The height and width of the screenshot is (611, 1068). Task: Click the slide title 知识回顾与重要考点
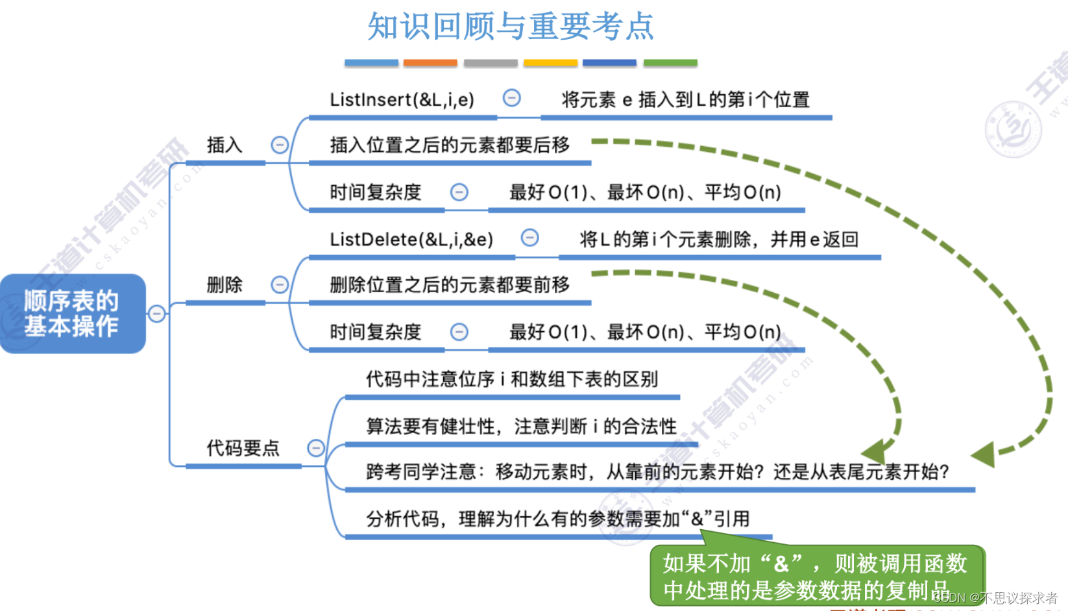click(x=511, y=27)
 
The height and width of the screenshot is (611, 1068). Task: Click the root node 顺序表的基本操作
click(x=72, y=314)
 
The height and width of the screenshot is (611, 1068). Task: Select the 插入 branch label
click(x=225, y=145)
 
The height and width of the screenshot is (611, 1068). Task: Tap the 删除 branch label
click(x=225, y=284)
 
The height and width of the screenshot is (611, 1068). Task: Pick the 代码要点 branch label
click(x=243, y=448)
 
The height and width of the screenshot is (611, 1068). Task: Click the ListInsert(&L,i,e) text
click(x=402, y=99)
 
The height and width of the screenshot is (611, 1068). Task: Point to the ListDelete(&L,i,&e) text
click(x=411, y=240)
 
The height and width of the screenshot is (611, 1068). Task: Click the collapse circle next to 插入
click(x=280, y=145)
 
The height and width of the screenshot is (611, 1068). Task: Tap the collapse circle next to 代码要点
click(x=316, y=448)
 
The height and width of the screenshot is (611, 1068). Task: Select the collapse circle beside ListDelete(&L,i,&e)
click(x=530, y=238)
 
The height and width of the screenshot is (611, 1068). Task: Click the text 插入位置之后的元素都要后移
click(x=450, y=145)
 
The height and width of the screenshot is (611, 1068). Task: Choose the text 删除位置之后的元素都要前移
click(x=450, y=284)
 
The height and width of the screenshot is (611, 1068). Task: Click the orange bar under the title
click(x=430, y=63)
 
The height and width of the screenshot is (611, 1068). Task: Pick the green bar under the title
click(x=670, y=63)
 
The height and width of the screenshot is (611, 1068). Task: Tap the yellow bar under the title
click(x=550, y=63)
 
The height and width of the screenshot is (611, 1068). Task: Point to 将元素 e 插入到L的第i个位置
click(x=685, y=100)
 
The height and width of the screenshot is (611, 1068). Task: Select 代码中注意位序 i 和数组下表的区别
click(x=512, y=379)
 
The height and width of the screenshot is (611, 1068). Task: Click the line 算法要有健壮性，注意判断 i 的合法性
click(x=521, y=427)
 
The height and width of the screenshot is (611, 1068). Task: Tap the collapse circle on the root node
click(x=157, y=314)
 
